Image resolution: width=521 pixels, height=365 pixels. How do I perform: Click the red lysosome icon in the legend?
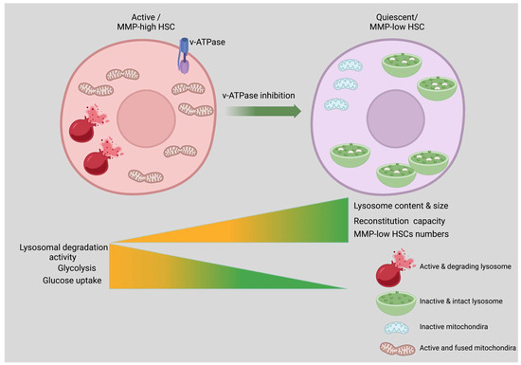click(x=387, y=274)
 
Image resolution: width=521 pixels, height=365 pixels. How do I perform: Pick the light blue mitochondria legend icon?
click(x=389, y=323)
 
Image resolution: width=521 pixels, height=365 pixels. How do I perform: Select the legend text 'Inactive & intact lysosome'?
click(x=458, y=301)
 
